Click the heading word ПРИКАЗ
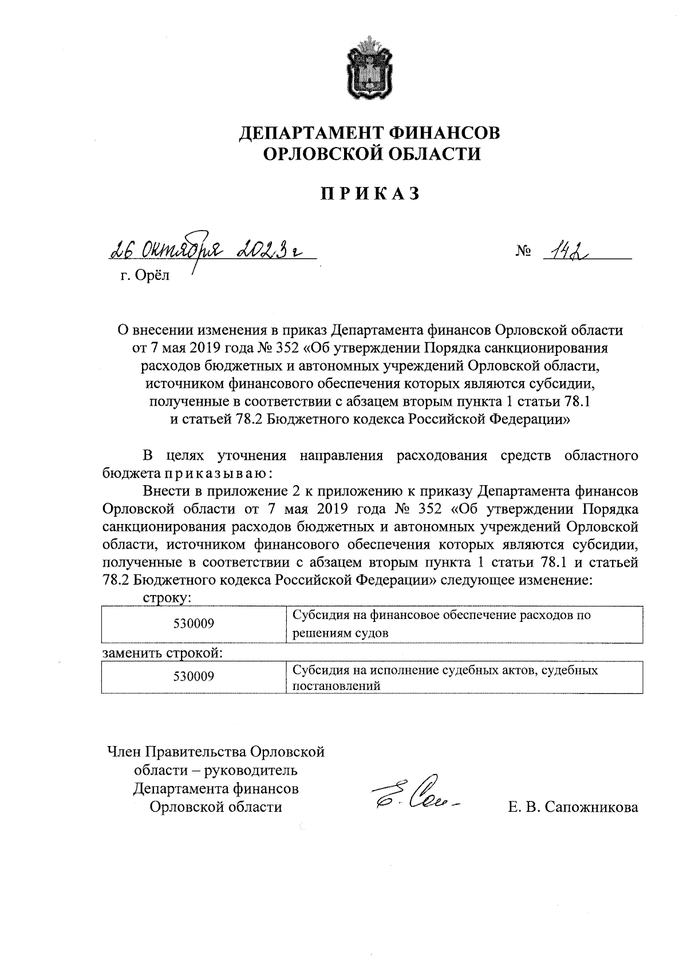coord(369,194)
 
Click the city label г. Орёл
coord(145,276)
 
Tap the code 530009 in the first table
coord(194,624)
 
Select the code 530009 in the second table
coord(194,677)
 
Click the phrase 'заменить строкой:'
coord(163,653)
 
